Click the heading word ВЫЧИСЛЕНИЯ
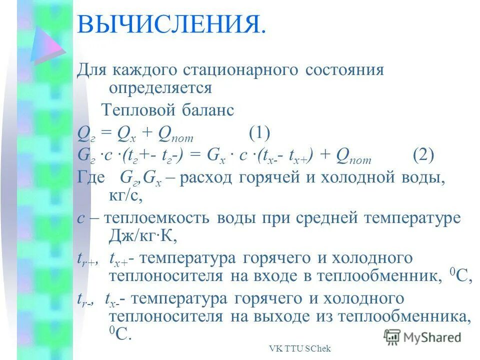pos(170,24)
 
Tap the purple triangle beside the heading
pos(48,43)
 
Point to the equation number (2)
pos(424,155)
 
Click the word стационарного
pos(235,70)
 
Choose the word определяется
pos(160,88)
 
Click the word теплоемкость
pos(152,218)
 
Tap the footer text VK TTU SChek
pos(300,349)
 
